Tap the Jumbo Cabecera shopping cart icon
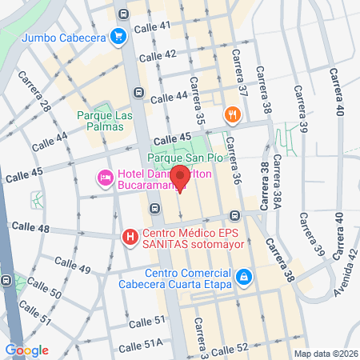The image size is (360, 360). [118, 36]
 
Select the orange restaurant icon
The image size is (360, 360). [233, 114]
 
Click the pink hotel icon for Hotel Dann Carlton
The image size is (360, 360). [104, 176]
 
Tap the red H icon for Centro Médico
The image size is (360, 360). [129, 237]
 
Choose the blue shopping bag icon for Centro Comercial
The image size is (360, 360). [245, 277]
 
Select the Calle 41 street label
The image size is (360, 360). [154, 26]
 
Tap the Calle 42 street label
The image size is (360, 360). [158, 56]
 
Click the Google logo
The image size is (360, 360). [26, 350]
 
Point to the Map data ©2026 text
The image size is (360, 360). [324, 354]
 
